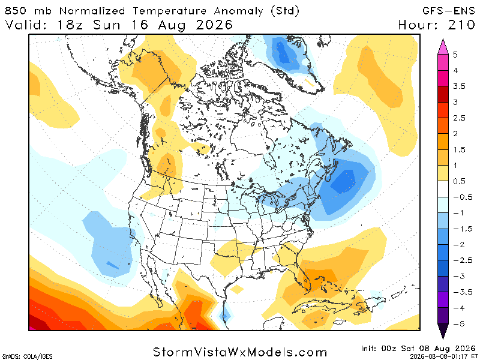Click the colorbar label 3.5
pyautogui.click(x=459, y=86)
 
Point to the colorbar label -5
pyautogui.click(x=458, y=323)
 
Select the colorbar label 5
pyautogui.click(x=455, y=55)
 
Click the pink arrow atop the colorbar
pyautogui.click(x=443, y=47)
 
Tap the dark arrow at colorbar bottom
pyautogui.click(x=443, y=331)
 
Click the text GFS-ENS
pyautogui.click(x=448, y=11)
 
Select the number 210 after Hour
pyautogui.click(x=461, y=25)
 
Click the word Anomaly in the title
pyautogui.click(x=238, y=11)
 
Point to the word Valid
pyautogui.click(x=26, y=25)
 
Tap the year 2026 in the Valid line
pyautogui.click(x=214, y=25)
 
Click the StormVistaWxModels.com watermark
pyautogui.click(x=240, y=352)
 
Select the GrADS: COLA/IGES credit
pyautogui.click(x=28, y=356)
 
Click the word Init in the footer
pyautogui.click(x=369, y=349)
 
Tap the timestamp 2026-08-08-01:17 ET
pyautogui.click(x=442, y=356)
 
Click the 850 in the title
pyautogui.click(x=16, y=11)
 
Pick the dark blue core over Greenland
pyautogui.click(x=283, y=53)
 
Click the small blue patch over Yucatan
pyautogui.click(x=225, y=316)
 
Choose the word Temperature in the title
pyautogui.click(x=170, y=11)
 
